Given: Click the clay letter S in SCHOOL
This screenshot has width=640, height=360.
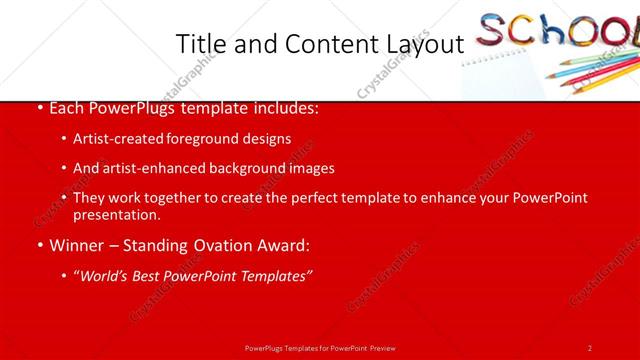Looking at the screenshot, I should click(492, 32).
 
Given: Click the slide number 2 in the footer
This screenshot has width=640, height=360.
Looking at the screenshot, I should click(590, 347).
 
